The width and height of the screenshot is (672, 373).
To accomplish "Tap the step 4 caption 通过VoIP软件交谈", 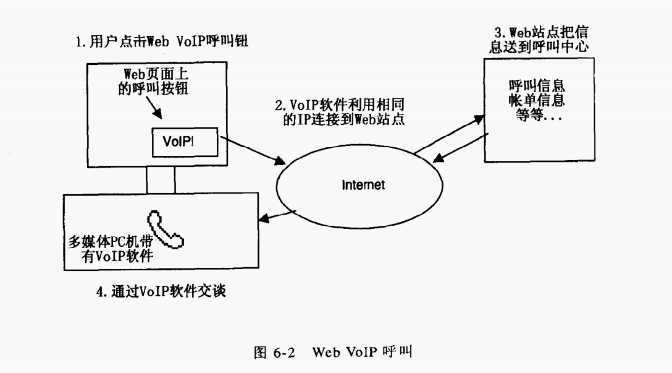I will click(x=161, y=290).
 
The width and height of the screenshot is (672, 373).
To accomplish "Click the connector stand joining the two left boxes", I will click(x=161, y=180).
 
